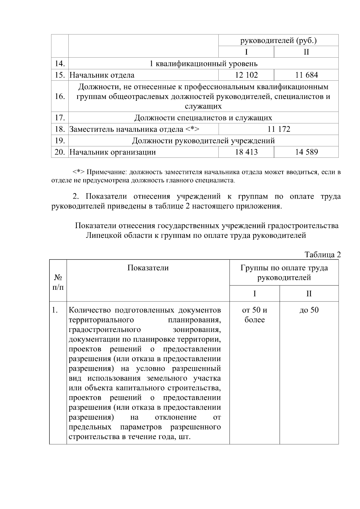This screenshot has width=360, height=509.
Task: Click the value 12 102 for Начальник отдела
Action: pos(246,75)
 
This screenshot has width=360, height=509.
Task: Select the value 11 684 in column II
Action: pos(306,75)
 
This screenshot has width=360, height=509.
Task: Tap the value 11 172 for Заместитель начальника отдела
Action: pos(279,129)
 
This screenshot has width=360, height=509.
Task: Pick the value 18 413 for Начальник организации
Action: pos(246,152)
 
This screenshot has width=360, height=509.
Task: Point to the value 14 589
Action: pos(306,152)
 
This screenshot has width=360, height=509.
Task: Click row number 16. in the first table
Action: pos(60,97)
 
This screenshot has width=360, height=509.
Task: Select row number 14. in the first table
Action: pos(60,64)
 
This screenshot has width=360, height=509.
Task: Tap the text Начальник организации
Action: pos(112,152)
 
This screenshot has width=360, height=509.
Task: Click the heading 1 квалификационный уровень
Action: pos(203,64)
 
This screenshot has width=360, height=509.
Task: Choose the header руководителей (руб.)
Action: pos(278,40)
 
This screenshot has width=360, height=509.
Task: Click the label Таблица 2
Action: pos(323,255)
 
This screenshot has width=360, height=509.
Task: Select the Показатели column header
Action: pos(148,268)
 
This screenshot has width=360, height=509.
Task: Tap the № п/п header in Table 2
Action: pos(58,282)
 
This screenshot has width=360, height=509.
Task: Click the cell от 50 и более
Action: pos(254,315)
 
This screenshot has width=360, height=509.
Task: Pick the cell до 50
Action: pos(309,310)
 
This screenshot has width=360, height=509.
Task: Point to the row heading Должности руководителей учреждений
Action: pos(203,141)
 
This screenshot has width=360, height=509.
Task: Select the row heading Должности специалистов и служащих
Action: pos(203,118)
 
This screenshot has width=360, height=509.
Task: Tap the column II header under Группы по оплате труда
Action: pos(309,293)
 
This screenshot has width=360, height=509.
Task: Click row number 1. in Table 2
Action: pos(55,310)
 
